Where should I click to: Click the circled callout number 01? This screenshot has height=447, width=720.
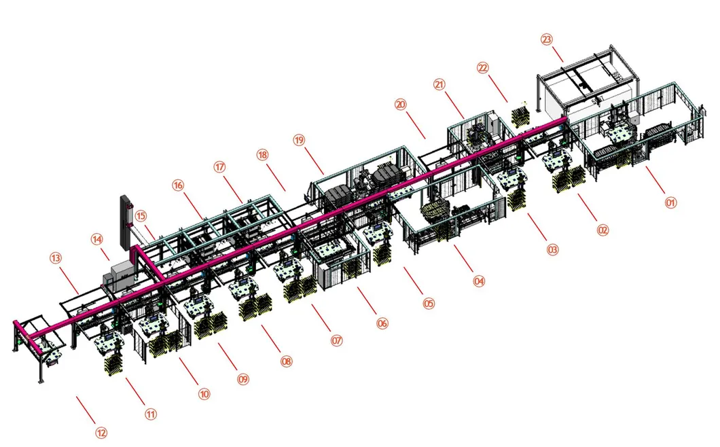(x=670, y=202)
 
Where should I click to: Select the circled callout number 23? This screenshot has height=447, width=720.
(x=546, y=39)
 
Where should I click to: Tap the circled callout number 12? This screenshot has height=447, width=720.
(x=101, y=433)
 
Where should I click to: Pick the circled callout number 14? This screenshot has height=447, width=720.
(x=97, y=239)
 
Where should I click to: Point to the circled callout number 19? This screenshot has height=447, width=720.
(x=300, y=140)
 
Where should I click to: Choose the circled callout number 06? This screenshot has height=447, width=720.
(x=382, y=324)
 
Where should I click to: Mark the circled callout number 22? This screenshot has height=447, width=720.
(x=483, y=68)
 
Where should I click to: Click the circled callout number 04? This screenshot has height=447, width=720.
(x=479, y=280)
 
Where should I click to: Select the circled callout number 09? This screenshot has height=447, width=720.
(x=243, y=379)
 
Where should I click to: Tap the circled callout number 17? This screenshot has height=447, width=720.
(x=219, y=166)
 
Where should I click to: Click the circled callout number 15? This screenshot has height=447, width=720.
(x=141, y=217)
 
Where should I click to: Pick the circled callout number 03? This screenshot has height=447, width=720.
(x=552, y=250)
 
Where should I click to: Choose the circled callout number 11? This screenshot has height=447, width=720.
(x=151, y=413)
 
